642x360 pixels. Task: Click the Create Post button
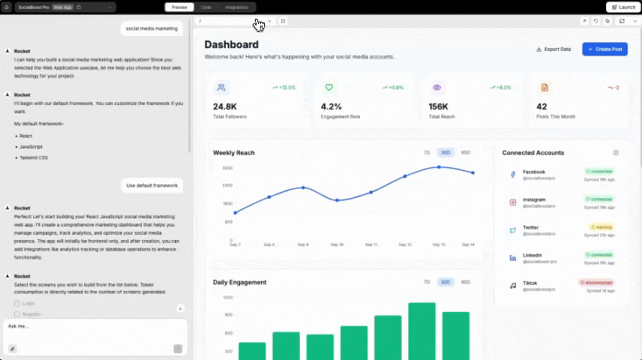604,49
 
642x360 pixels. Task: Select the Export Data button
553,49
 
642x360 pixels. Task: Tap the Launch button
621,7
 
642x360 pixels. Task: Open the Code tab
205,7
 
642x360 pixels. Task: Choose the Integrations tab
236,7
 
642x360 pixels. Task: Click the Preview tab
179,7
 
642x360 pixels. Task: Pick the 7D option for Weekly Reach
427,152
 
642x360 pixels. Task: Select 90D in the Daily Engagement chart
466,282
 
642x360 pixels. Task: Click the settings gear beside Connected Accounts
616,152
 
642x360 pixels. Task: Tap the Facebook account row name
534,172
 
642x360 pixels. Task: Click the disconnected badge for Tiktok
596,282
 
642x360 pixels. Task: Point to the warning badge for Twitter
601,226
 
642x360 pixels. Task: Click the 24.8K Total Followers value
225,106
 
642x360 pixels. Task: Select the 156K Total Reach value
439,106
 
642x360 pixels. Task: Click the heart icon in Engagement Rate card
328,87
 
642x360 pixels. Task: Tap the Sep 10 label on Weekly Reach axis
337,244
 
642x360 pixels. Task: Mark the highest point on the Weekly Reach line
439,167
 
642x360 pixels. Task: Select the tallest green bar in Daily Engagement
421,331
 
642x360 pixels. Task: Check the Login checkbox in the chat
17,304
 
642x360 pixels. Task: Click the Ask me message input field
90,327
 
